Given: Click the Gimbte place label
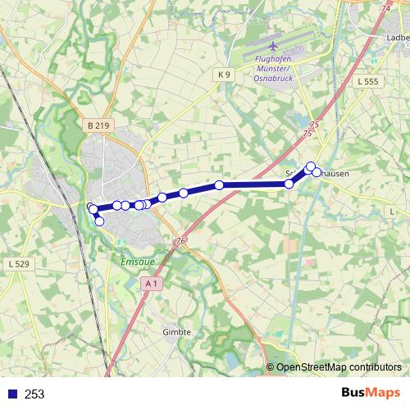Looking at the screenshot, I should point(177,332).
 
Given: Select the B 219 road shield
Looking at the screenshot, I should point(96,125).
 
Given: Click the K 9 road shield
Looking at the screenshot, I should point(225,75).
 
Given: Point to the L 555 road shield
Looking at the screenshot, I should point(369,82).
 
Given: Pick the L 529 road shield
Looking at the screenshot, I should point(18,264).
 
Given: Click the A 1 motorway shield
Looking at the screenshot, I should point(150,283).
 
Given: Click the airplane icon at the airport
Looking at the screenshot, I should point(272,46).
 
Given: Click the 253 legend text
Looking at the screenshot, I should point(34,394).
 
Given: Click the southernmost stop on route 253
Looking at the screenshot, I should point(100,221).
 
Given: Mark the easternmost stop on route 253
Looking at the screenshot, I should point(317,172).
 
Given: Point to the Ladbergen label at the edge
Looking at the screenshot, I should point(397,38).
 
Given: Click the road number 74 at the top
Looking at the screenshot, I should point(385,7).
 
